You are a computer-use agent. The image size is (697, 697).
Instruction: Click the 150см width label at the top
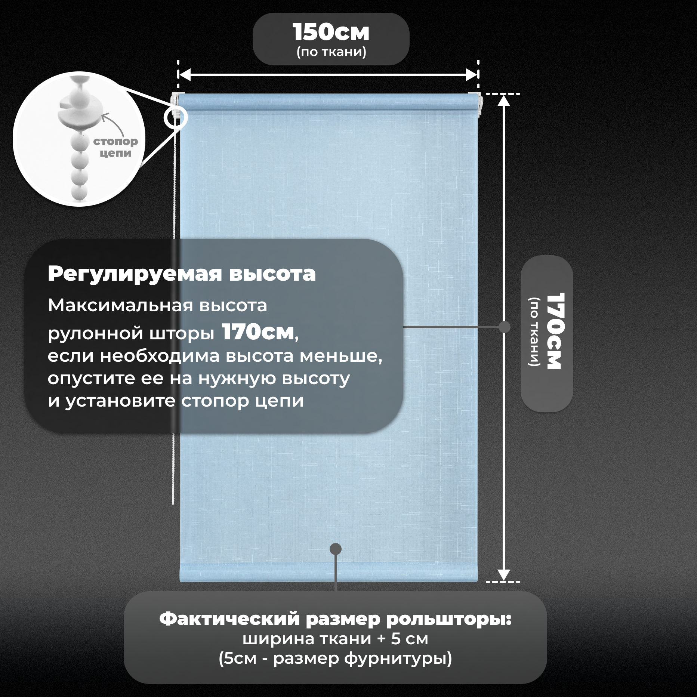pyautogui.click(x=331, y=33)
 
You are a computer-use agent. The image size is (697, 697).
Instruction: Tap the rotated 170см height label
pyautogui.click(x=555, y=331)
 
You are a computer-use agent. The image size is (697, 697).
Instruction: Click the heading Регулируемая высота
pyautogui.click(x=182, y=274)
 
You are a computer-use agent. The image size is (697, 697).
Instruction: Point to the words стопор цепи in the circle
pyautogui.click(x=115, y=147)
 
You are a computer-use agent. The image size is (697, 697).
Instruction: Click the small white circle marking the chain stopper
pyautogui.click(x=175, y=118)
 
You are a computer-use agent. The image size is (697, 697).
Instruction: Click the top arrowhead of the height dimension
pyautogui.click(x=504, y=101)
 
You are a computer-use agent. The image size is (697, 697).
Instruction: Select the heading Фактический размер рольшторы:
pyautogui.click(x=335, y=619)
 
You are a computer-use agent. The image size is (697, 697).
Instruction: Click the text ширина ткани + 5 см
pyautogui.click(x=335, y=639)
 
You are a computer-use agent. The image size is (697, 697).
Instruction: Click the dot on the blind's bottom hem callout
pyautogui.click(x=336, y=549)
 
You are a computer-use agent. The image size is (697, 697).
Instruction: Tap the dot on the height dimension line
pyautogui.click(x=504, y=327)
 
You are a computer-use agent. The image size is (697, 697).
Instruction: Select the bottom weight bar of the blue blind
pyautogui.click(x=328, y=573)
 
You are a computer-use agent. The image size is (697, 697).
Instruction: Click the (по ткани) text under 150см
pyautogui.click(x=331, y=52)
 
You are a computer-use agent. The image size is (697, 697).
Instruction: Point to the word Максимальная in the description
pyautogui.click(x=120, y=306)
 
